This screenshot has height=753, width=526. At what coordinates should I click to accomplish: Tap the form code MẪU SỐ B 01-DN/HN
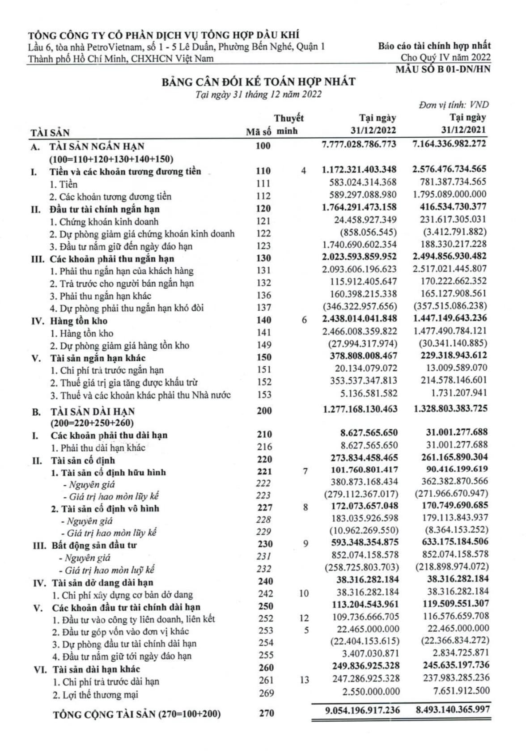point(443,69)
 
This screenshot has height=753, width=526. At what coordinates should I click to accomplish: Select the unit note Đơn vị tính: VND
point(454,105)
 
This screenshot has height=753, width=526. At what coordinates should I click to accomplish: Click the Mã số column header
point(259,132)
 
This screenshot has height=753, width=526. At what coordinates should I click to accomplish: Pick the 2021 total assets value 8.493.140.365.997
point(453,710)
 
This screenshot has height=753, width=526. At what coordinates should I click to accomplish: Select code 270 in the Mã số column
point(266,713)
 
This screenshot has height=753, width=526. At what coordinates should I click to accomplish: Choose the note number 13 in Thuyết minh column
point(304,680)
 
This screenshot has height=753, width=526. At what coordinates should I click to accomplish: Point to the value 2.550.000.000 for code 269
point(371,691)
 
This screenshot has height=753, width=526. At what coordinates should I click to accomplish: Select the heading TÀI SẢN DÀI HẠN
point(92,411)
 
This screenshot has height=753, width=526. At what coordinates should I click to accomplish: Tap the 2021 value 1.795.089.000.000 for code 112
point(450,195)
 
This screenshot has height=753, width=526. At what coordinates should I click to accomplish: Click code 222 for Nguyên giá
point(263,483)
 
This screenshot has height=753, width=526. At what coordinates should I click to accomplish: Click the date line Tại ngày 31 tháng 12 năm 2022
point(259,94)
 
